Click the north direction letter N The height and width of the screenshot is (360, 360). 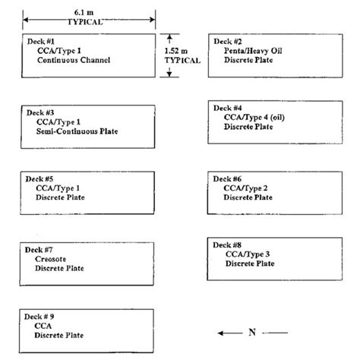[252, 332]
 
